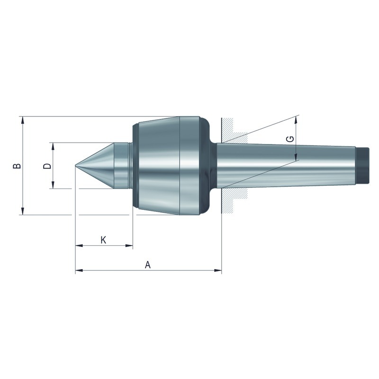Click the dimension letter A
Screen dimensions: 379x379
click(x=148, y=265)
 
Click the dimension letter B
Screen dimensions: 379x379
click(x=17, y=166)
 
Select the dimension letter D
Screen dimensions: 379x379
click(x=47, y=166)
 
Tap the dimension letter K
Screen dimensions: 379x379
click(x=103, y=240)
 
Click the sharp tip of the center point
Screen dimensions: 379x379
click(x=76, y=165)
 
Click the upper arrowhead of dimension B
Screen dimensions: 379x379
click(x=23, y=120)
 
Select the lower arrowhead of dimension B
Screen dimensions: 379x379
click(x=23, y=211)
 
